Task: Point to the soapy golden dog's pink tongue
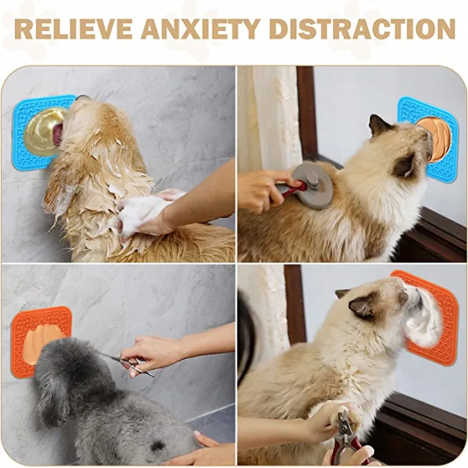58,134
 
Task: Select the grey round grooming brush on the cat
313,184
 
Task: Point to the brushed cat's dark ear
379,125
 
